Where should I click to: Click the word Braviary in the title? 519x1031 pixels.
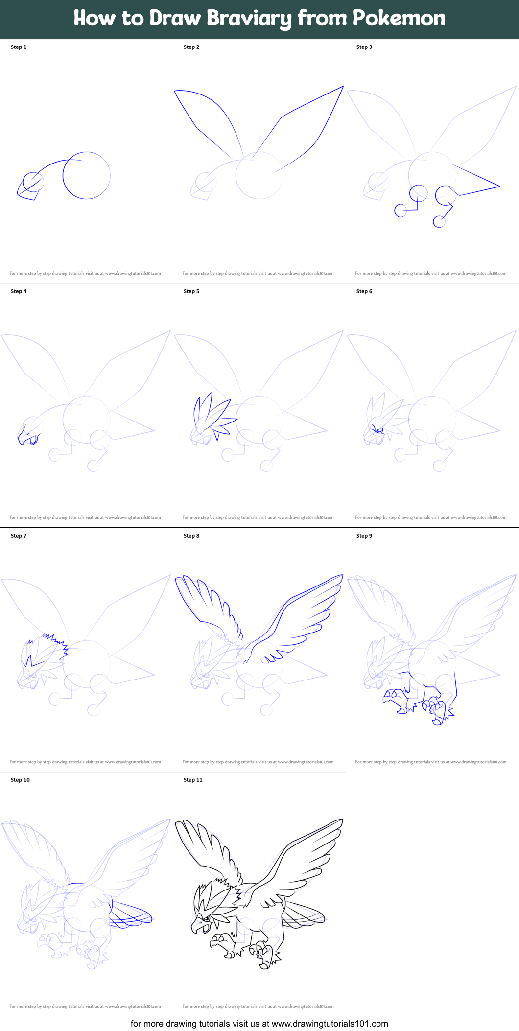click(249, 19)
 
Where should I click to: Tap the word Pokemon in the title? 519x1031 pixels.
click(399, 18)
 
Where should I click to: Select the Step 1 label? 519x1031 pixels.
click(19, 47)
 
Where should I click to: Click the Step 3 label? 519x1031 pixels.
click(364, 47)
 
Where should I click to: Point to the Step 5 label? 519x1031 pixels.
click(191, 291)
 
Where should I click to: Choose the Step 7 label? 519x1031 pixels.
click(19, 536)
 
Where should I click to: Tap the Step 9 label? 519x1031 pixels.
click(364, 536)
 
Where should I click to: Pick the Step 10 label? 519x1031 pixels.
click(20, 780)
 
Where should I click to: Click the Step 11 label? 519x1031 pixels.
click(193, 780)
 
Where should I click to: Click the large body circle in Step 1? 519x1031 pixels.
click(87, 176)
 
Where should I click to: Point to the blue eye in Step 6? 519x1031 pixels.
click(378, 430)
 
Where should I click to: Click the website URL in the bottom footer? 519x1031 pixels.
click(330, 1024)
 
